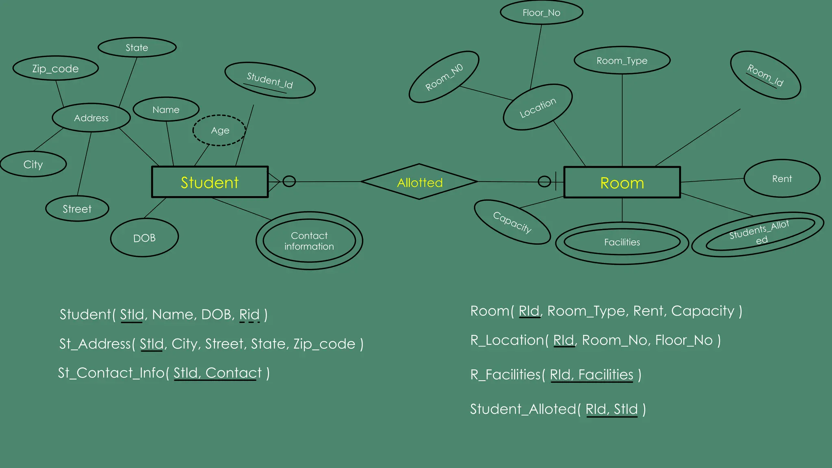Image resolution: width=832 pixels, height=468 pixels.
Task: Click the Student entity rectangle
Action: tap(210, 182)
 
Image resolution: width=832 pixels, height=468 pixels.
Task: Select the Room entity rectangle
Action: tap(622, 182)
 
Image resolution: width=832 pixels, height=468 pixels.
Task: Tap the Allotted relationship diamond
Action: tap(419, 182)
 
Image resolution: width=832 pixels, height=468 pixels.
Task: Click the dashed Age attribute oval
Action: tap(219, 130)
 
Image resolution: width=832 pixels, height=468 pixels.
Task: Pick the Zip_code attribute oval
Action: tap(56, 68)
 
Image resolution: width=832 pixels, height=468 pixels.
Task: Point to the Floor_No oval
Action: tap(541, 13)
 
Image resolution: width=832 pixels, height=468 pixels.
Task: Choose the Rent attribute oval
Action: tap(782, 179)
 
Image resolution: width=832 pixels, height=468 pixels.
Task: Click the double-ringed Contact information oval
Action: tap(309, 241)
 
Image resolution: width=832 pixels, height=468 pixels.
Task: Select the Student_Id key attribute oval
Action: tap(270, 80)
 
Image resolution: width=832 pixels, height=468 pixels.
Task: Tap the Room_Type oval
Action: tap(622, 61)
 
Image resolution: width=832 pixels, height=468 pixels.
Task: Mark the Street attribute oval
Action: tap(77, 209)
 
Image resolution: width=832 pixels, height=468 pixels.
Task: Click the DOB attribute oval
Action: tap(144, 238)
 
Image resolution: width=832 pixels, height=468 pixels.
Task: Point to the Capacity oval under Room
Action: tap(512, 222)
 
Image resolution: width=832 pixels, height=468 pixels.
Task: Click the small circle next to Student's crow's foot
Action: tap(289, 181)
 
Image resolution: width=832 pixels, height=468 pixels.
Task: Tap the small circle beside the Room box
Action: tap(544, 182)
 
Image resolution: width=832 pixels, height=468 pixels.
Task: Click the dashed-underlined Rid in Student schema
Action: tap(249, 314)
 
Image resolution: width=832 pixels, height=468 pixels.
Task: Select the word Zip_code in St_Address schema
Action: tap(324, 344)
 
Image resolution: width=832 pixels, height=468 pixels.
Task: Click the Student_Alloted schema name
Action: tap(523, 409)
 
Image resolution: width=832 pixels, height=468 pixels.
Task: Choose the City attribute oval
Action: tap(33, 164)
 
